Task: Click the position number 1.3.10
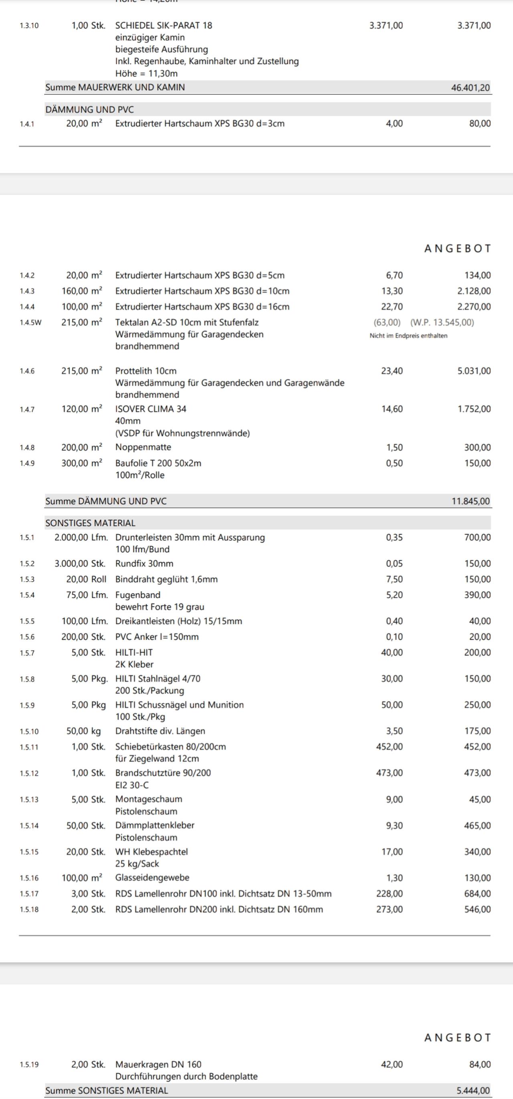29,26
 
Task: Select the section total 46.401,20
471,88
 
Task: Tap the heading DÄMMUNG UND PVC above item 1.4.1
89,109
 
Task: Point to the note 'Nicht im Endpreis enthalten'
408,336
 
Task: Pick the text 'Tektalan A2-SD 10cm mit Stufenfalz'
187,322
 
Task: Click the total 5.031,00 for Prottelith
474,371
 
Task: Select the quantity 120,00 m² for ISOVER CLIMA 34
82,409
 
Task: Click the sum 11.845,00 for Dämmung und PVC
471,501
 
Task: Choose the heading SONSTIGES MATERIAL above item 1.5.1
91,523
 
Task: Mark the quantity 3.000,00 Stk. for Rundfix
80,564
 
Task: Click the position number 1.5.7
27,653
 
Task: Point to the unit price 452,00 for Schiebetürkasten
389,746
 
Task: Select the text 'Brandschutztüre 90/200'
163,773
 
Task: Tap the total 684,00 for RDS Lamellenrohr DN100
477,893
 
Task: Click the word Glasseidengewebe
152,878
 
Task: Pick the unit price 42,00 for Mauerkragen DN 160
392,1065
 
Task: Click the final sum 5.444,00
473,1091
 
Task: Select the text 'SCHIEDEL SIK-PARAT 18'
164,26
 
